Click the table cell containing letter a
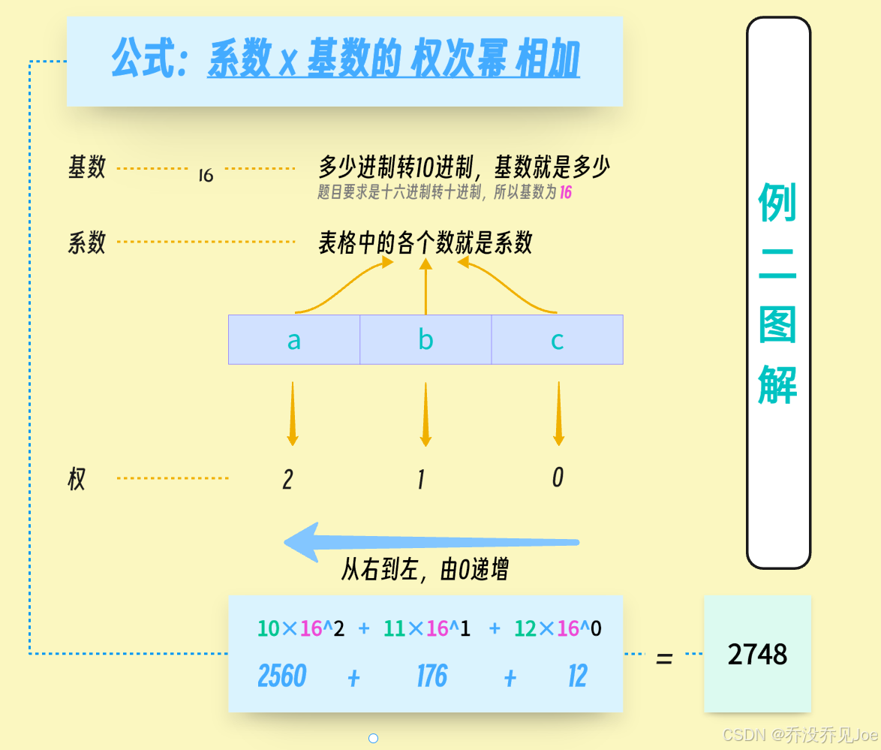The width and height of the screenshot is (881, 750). coord(294,340)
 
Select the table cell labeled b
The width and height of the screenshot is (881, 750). coord(425,340)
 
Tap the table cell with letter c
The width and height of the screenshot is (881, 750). coord(557,340)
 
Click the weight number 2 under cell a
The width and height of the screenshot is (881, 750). coord(287,480)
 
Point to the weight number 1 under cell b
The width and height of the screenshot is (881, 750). coord(421,480)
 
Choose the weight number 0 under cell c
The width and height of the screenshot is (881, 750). coord(558,477)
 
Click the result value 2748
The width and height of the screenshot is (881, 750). coord(757,655)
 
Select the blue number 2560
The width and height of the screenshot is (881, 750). coord(282,676)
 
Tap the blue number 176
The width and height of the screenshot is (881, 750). coord(431,676)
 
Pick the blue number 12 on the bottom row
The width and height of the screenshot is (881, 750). coord(577,676)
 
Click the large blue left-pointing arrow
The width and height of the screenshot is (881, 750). coord(431,543)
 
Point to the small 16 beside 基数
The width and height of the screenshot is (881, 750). coord(206,176)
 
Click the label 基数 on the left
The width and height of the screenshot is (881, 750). coord(87,167)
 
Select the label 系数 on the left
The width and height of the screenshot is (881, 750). coord(87,242)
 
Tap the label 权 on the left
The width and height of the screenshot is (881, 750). coord(77,479)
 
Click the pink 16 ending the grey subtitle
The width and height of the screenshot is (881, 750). coord(565,193)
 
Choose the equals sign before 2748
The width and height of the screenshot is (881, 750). coord(664,659)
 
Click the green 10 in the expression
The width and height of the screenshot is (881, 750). coord(268,629)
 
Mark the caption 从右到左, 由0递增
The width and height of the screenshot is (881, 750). coord(425,570)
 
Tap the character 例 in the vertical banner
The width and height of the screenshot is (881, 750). coord(777,203)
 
